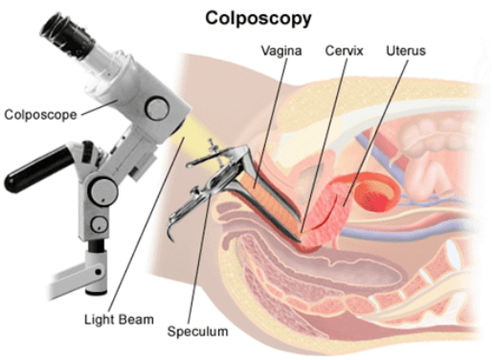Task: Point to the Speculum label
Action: point(198,331)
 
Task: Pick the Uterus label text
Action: point(407,48)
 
